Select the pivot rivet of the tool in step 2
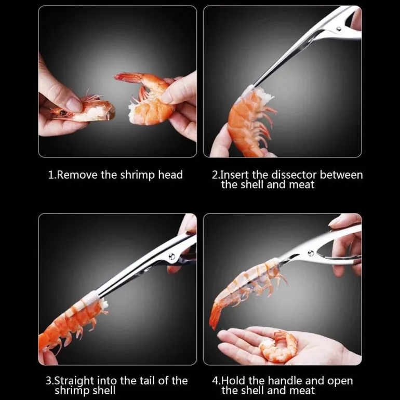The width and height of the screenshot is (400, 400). coord(339,29)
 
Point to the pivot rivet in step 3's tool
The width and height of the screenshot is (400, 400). coord(172,256)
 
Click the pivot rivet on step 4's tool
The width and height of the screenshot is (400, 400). coord(311,253)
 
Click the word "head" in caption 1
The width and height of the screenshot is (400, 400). coord(170,175)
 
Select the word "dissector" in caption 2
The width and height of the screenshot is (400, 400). coord(294,175)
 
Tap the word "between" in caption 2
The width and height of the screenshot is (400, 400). coord(341,175)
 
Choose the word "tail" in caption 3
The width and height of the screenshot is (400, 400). coord(148,381)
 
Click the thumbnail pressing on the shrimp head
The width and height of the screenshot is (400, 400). coord(74,104)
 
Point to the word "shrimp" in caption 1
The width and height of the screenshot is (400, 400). coord(138,176)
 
